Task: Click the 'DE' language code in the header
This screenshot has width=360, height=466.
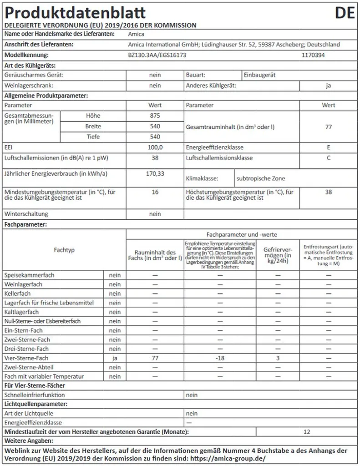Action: pos(345,12)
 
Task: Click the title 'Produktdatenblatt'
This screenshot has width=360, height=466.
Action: pos(75,12)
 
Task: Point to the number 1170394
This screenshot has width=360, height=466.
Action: pos(314,55)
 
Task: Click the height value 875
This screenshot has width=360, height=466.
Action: pos(155,116)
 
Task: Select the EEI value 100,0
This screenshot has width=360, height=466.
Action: pos(155,147)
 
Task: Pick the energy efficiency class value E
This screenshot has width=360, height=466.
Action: pos(329,147)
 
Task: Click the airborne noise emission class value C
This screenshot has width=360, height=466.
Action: pos(329,158)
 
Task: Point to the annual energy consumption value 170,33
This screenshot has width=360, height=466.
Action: pos(155,173)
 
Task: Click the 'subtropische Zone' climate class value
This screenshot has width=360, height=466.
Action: pos(261,178)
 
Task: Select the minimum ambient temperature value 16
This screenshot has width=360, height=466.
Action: pos(155,192)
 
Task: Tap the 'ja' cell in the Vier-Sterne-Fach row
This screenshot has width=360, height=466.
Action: pos(115,358)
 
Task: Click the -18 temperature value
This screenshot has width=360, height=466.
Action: pos(220,358)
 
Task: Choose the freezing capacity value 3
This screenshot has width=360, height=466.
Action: pos(278,358)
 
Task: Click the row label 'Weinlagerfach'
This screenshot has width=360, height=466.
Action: pos(23,284)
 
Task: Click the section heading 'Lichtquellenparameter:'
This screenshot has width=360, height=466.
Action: pos(36,404)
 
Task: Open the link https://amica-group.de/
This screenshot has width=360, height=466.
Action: pos(227,458)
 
